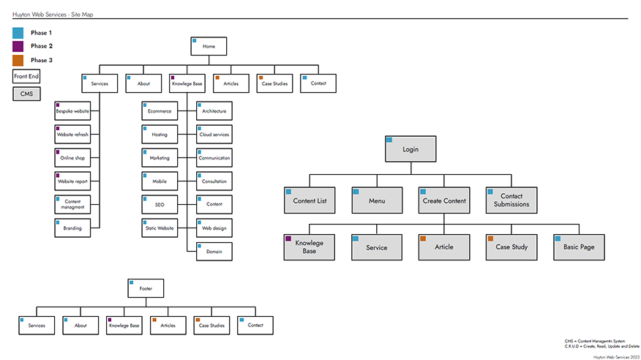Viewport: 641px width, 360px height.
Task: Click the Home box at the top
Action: coord(209,46)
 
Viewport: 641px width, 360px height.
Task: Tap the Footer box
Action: coord(146,288)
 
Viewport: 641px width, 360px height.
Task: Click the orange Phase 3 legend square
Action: coord(18,60)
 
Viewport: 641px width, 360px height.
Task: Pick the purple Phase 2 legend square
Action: coord(18,46)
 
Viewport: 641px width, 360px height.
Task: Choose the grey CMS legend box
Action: coord(26,94)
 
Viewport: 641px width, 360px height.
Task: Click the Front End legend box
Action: coord(26,76)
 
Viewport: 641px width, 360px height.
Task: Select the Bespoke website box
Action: coord(72,111)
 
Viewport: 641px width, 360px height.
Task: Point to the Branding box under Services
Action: coord(72,228)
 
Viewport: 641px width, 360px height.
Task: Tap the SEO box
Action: coord(160,205)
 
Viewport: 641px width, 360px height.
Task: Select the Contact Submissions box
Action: coord(511,200)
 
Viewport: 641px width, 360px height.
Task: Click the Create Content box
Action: coord(444,200)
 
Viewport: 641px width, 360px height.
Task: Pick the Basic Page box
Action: coord(579,247)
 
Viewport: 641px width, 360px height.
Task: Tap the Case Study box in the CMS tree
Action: coord(511,247)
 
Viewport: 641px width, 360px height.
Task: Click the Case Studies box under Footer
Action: coord(211,326)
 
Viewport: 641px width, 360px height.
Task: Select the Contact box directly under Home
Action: coord(318,83)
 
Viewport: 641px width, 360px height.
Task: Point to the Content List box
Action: coord(310,200)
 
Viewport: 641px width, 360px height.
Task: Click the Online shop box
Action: coord(72,158)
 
